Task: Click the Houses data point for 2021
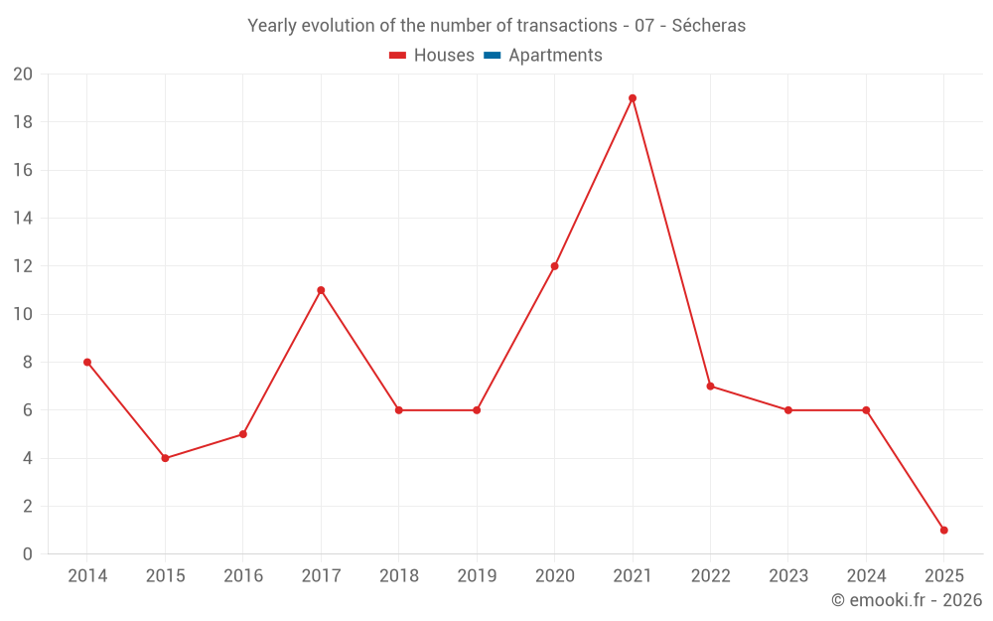[633, 98]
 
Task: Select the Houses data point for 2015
[165, 458]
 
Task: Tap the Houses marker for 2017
[321, 290]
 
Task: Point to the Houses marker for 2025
[943, 531]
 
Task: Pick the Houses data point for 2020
[554, 266]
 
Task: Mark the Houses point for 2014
[87, 363]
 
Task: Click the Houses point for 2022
[710, 387]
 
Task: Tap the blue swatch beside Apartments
[493, 56]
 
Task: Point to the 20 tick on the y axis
[23, 75]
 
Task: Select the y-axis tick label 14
[23, 219]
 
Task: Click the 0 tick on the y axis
[28, 554]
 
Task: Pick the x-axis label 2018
[398, 576]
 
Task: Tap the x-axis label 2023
[788, 576]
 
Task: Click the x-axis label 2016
[243, 576]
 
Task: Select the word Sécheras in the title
[709, 26]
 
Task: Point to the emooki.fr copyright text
[907, 600]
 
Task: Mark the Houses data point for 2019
[477, 410]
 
